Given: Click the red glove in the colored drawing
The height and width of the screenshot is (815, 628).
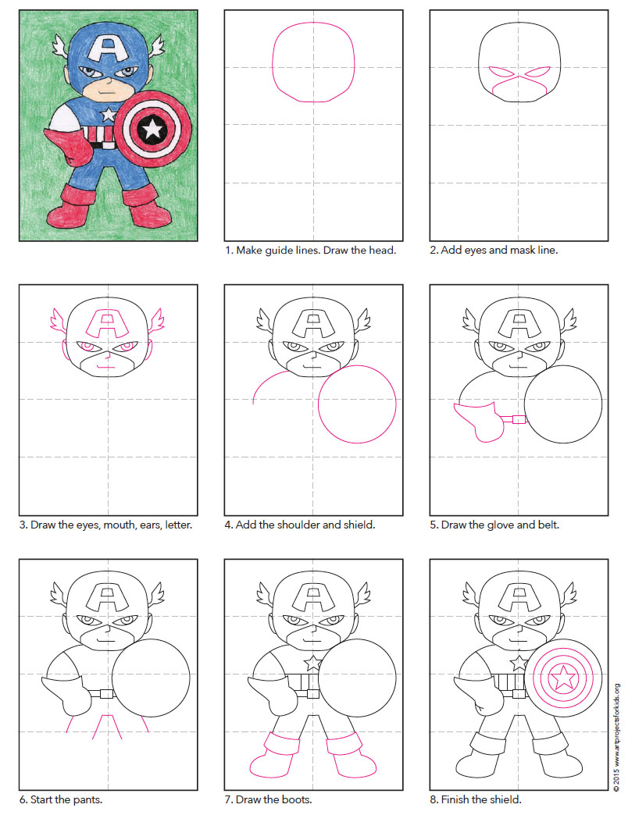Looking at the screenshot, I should pyautogui.click(x=71, y=145).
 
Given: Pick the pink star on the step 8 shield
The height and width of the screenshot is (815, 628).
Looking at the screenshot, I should pyautogui.click(x=562, y=676).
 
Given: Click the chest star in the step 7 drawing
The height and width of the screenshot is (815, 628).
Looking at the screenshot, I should pyautogui.click(x=312, y=664).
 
